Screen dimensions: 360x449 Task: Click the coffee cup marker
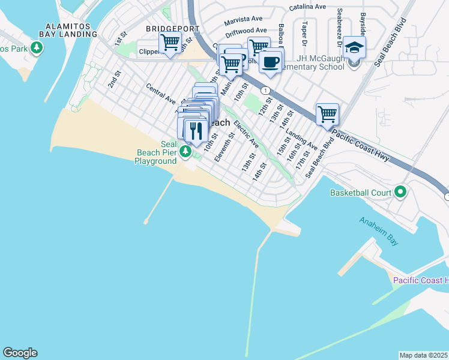(271, 62)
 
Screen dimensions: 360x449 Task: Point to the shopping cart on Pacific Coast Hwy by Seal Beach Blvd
(327, 114)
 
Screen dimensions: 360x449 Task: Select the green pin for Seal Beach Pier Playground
(187, 151)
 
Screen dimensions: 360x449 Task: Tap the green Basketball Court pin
(400, 193)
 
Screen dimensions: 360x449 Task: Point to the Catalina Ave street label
(307, 7)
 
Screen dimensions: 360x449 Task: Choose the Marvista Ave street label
(244, 20)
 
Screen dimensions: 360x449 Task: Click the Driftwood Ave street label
(246, 30)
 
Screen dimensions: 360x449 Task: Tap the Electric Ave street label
(246, 135)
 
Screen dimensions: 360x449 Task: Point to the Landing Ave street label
(301, 140)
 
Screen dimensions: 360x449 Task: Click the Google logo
(20, 353)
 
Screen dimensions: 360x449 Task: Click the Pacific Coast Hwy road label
(361, 146)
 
